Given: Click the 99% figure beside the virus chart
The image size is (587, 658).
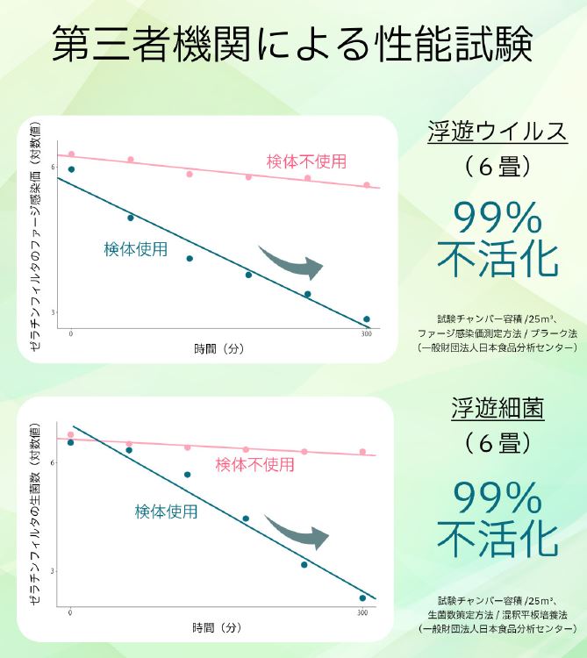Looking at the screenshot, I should coord(498,215).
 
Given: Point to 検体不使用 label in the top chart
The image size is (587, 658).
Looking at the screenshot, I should coord(306,161).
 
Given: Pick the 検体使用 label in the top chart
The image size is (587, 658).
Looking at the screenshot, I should coord(135,248).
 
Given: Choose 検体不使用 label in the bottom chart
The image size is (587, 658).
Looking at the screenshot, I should coord(255,464).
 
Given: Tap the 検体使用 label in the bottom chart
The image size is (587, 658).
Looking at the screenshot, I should coord(166,511).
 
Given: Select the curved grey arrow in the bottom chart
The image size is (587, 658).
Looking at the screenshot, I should coord(297,532).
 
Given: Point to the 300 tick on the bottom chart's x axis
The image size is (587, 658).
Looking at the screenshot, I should coord(362,613).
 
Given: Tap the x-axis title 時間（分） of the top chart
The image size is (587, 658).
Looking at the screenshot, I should coord(218,348).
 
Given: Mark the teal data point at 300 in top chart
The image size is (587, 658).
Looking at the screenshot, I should coord(366,319).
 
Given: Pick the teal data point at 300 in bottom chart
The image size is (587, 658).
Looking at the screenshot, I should coord(362,598).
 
